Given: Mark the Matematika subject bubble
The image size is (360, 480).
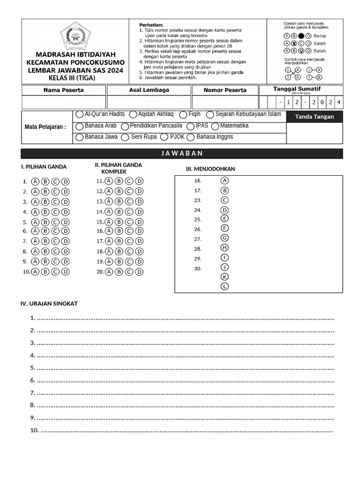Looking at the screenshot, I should (x=215, y=126).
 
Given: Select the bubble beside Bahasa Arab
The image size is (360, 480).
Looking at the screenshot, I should (x=79, y=126).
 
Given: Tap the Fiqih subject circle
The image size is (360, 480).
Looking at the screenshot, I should (x=184, y=114).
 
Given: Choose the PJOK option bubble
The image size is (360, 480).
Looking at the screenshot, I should (x=164, y=137).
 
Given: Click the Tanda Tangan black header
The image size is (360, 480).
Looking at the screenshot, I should (x=315, y=117).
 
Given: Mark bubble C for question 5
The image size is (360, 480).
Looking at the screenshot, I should (x=55, y=222).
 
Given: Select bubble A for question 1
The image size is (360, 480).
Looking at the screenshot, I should (x=35, y=181).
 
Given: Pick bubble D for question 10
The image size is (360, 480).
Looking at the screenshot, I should (x=66, y=272).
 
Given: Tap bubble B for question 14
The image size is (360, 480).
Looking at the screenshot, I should (x=119, y=212).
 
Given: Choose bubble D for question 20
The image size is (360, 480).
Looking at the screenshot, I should (x=140, y=272).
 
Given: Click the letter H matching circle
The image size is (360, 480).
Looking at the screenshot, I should (x=225, y=247).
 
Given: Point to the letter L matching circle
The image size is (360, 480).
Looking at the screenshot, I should (x=225, y=286).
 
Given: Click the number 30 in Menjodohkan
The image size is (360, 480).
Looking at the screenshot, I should (x=198, y=269).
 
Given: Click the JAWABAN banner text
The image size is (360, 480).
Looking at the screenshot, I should (x=182, y=154).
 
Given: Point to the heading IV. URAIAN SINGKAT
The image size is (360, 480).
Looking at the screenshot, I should (x=49, y=304).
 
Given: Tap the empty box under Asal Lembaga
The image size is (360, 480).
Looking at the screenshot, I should (x=149, y=102).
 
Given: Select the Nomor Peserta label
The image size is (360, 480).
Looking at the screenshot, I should (x=225, y=90).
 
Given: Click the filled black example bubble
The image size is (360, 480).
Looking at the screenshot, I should (x=301, y=36).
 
